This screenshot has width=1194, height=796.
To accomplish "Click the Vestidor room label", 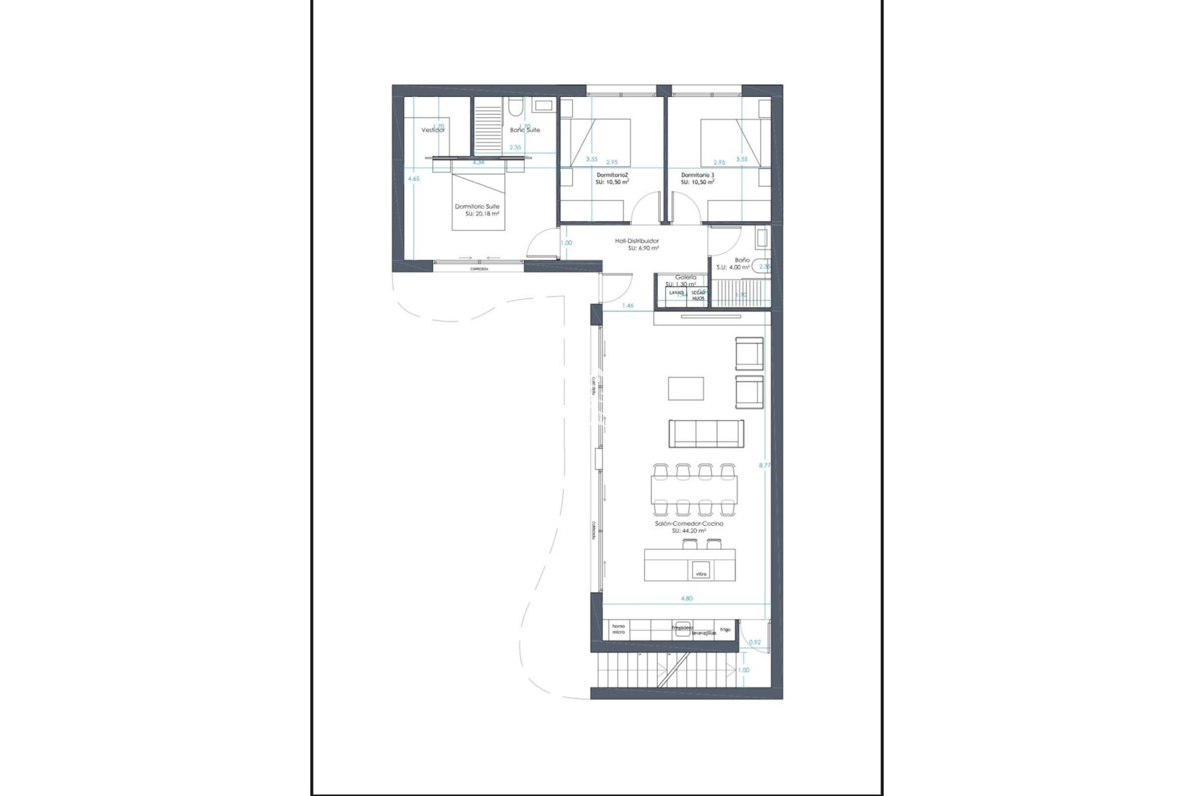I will pos(433,131).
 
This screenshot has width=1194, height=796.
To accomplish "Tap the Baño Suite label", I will pos(525,131).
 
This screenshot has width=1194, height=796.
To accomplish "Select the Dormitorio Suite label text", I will pos(477,206).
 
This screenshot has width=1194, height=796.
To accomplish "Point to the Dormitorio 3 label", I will pos(697,175).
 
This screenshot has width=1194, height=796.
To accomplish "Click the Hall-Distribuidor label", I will pos(637,241).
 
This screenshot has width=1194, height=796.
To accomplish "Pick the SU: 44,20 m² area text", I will pos(688,531).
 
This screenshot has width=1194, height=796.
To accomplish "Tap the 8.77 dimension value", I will pos(765,465).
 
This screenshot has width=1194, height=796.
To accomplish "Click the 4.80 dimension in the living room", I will pos(687,598).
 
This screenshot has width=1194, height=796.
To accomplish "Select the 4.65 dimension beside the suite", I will pos(414,178).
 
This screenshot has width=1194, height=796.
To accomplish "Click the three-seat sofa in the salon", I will pos(706,433).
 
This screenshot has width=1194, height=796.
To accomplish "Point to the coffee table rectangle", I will pos(686,389).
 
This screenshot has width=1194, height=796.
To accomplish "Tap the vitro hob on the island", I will pos(701,573).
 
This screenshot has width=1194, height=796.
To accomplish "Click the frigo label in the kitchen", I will pos(725,629).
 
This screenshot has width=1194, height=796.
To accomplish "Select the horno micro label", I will pos(618,629).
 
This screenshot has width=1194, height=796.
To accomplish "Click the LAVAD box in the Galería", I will pos(676,292).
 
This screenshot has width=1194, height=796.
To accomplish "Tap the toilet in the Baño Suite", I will pos(514,110).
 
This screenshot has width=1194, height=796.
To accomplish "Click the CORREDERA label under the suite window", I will pos(478,269).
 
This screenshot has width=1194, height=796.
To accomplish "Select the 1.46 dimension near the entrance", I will pos(627,306).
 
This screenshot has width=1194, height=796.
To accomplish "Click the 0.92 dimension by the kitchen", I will pos(755,642).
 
